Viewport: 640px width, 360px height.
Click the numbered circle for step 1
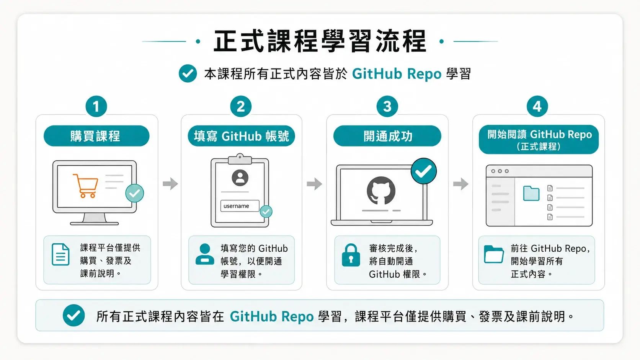96,106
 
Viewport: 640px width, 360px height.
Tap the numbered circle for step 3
387,106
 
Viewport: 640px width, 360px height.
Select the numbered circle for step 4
537,106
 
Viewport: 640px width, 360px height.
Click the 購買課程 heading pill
96,136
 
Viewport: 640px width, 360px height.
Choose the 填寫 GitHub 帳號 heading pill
241,136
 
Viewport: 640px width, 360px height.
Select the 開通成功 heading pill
387,136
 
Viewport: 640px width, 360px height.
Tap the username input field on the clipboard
240,206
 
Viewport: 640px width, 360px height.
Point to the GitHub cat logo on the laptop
381,191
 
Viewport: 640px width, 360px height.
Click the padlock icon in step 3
351,255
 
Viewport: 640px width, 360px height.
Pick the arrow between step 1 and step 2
170,184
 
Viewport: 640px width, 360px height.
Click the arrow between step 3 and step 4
460,184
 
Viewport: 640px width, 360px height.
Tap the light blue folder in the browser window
531,193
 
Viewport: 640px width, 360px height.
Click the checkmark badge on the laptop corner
424,171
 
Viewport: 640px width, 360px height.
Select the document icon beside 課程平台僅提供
60,254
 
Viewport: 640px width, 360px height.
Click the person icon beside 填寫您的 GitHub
205,254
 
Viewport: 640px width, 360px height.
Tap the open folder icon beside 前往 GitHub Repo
494,254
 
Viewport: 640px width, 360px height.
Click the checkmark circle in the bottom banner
74,315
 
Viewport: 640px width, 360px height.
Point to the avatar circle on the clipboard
240,178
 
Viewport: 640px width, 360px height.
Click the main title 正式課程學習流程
320,41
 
